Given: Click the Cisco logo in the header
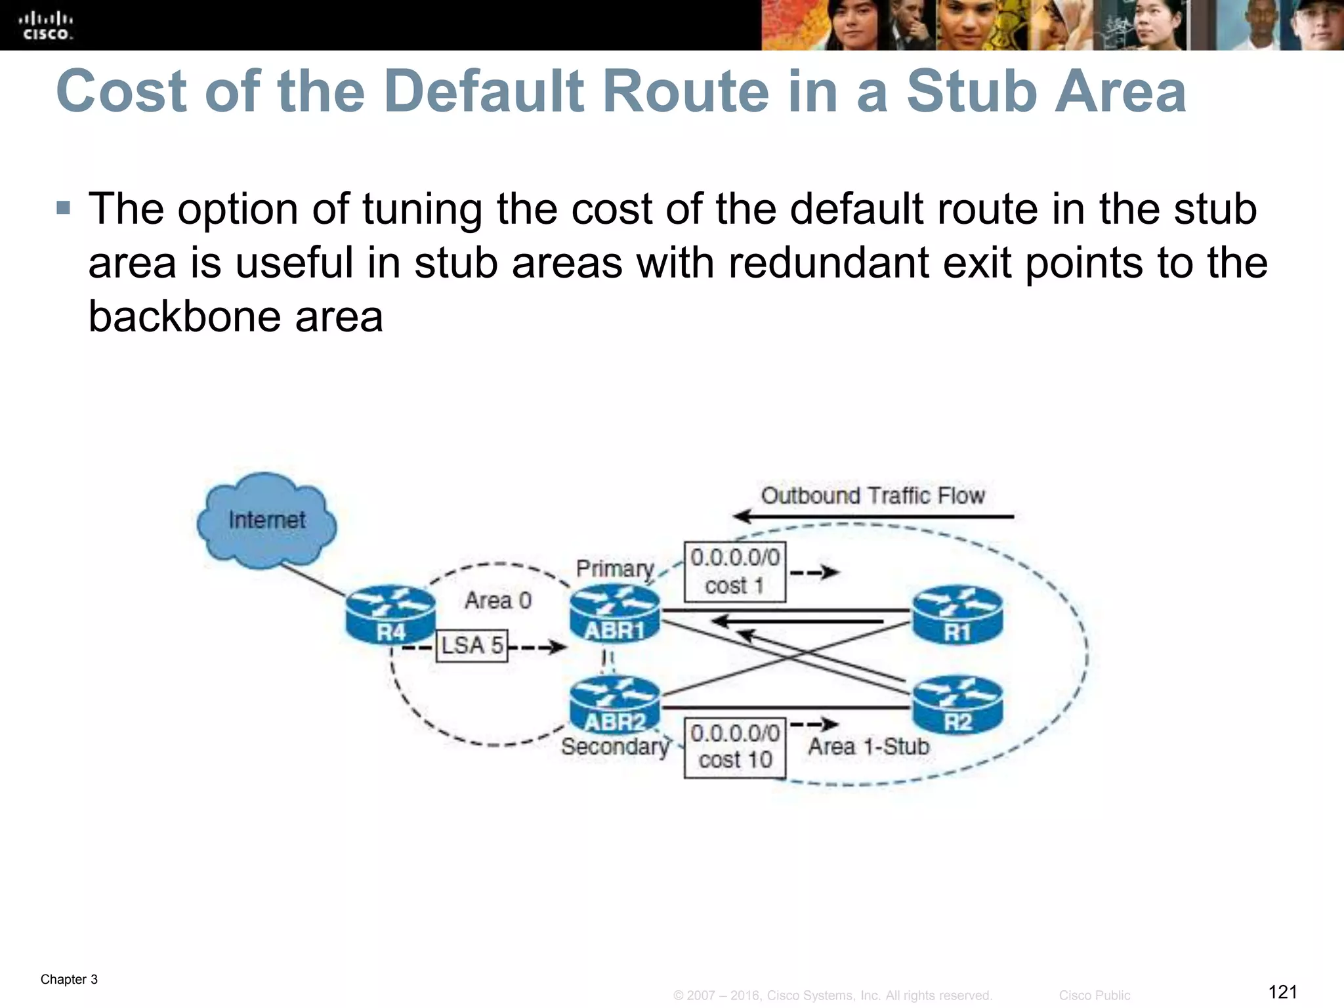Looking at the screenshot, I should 45,26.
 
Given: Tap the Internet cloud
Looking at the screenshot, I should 266,520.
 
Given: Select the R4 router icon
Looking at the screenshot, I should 390,614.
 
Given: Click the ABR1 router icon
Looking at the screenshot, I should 614,614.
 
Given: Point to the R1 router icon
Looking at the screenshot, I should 957,615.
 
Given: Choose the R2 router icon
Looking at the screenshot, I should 957,705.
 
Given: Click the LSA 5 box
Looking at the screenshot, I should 472,645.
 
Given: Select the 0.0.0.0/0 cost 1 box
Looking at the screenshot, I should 734,571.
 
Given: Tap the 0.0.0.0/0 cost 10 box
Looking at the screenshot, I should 734,747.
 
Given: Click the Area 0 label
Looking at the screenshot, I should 498,600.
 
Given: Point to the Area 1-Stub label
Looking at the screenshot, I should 868,746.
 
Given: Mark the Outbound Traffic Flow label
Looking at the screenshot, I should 873,495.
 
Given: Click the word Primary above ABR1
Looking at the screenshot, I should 615,568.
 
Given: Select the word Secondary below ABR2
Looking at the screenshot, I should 615,746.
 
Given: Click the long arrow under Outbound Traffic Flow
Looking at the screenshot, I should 873,516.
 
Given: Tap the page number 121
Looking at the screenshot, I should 1283,991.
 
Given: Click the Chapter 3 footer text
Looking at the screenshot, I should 69,979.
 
